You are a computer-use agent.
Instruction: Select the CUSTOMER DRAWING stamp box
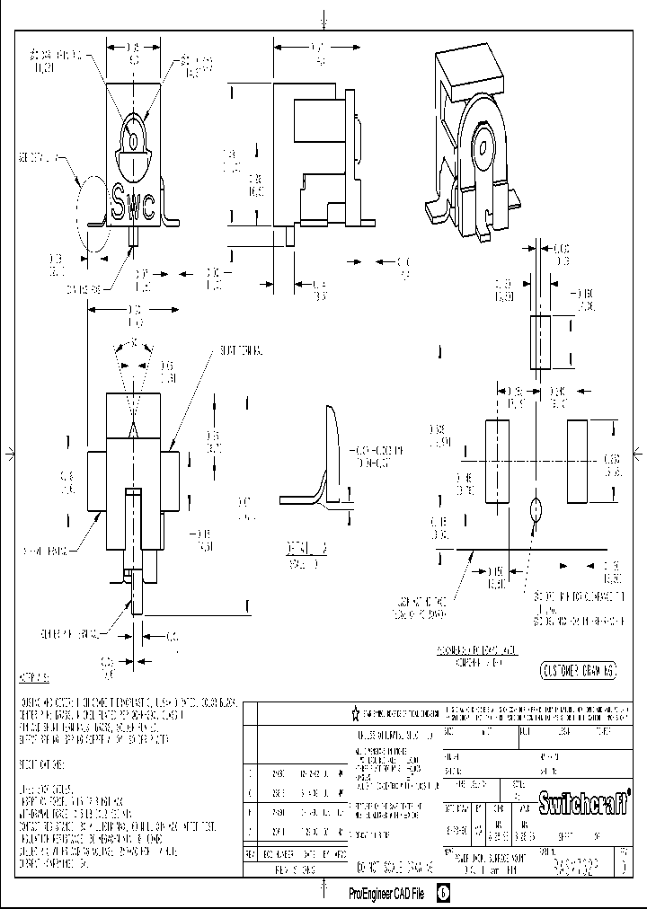tap(580, 670)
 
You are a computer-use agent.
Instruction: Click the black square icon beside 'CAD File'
tap(444, 894)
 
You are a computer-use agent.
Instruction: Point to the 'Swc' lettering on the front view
tap(132, 203)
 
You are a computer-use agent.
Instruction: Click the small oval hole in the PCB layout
tap(537, 510)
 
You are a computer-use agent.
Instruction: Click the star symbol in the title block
tap(355, 713)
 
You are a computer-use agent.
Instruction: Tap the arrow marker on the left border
tap(7, 451)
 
